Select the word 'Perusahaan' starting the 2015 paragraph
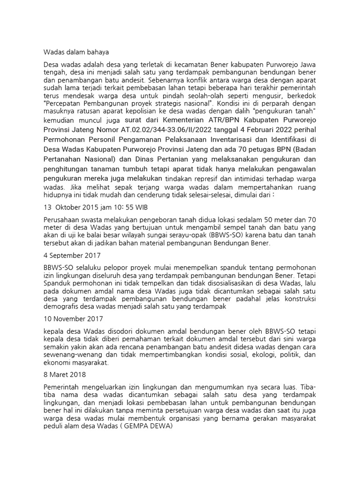coord(62,218)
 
